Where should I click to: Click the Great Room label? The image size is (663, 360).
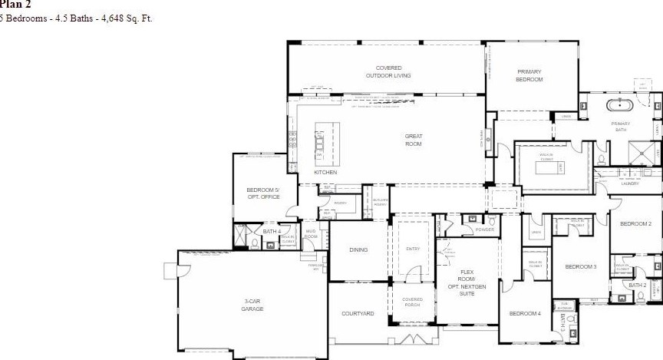(x=414, y=140)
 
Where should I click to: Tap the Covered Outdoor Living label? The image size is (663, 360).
(x=388, y=71)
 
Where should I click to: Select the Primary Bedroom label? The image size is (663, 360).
(x=529, y=75)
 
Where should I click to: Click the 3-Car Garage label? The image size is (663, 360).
(x=252, y=306)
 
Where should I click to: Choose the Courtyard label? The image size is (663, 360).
(x=358, y=313)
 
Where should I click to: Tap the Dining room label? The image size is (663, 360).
(x=358, y=249)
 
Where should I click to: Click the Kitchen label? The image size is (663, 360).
(x=325, y=172)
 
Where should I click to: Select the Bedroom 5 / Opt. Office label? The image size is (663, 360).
(x=263, y=193)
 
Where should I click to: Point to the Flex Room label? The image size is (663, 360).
(x=467, y=282)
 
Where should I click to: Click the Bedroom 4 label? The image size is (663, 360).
(x=525, y=313)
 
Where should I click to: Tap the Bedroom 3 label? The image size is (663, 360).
(x=581, y=266)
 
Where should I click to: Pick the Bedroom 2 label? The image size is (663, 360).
(x=635, y=223)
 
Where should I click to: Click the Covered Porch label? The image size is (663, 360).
(x=412, y=302)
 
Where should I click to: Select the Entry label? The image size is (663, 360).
(x=413, y=249)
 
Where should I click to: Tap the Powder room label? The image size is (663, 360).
(x=484, y=229)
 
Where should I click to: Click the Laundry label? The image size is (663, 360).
(x=630, y=183)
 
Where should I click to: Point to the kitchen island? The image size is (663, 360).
(x=320, y=143)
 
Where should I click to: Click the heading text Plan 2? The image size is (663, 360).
(x=10, y=4)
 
